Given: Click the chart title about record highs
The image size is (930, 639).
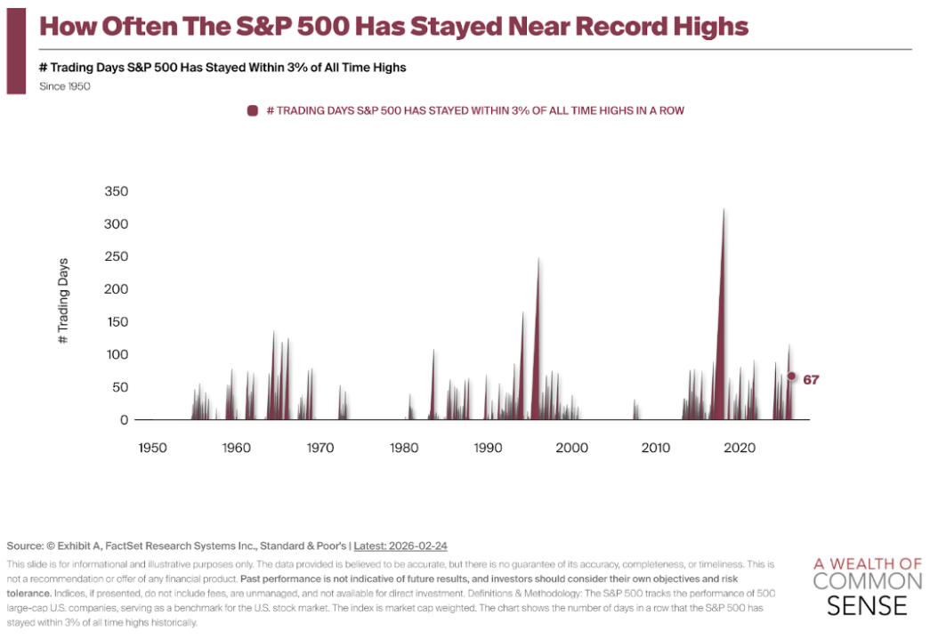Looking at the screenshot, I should [393, 26].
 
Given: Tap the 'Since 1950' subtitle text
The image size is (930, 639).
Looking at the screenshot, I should [65, 86].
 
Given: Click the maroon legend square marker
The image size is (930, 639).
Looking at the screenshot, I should [253, 110].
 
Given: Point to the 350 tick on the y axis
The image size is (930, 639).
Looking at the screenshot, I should [117, 191].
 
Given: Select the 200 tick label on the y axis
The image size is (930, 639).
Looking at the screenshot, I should [117, 289].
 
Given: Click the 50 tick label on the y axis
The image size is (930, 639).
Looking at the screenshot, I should [120, 387].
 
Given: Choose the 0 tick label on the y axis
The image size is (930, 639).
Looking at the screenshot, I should [124, 420].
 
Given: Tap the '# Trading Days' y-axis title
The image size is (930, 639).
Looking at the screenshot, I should [63, 302].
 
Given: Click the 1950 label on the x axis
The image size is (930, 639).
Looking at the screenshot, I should [152, 447].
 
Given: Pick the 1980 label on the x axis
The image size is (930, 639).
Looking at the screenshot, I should [404, 447].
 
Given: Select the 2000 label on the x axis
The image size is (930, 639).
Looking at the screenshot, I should [571, 447].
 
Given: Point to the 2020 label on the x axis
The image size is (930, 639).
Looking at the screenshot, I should [740, 447].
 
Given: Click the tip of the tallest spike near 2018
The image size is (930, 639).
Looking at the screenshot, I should [724, 209].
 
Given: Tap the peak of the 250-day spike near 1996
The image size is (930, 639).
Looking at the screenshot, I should [539, 258].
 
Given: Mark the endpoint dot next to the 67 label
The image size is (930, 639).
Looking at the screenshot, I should [791, 376].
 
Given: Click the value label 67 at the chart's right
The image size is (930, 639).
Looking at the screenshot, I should [811, 380].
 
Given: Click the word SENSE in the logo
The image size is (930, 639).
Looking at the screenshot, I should [867, 606].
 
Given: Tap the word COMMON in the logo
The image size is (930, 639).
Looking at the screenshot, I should [868, 582].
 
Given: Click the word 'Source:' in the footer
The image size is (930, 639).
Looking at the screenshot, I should [26, 545].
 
